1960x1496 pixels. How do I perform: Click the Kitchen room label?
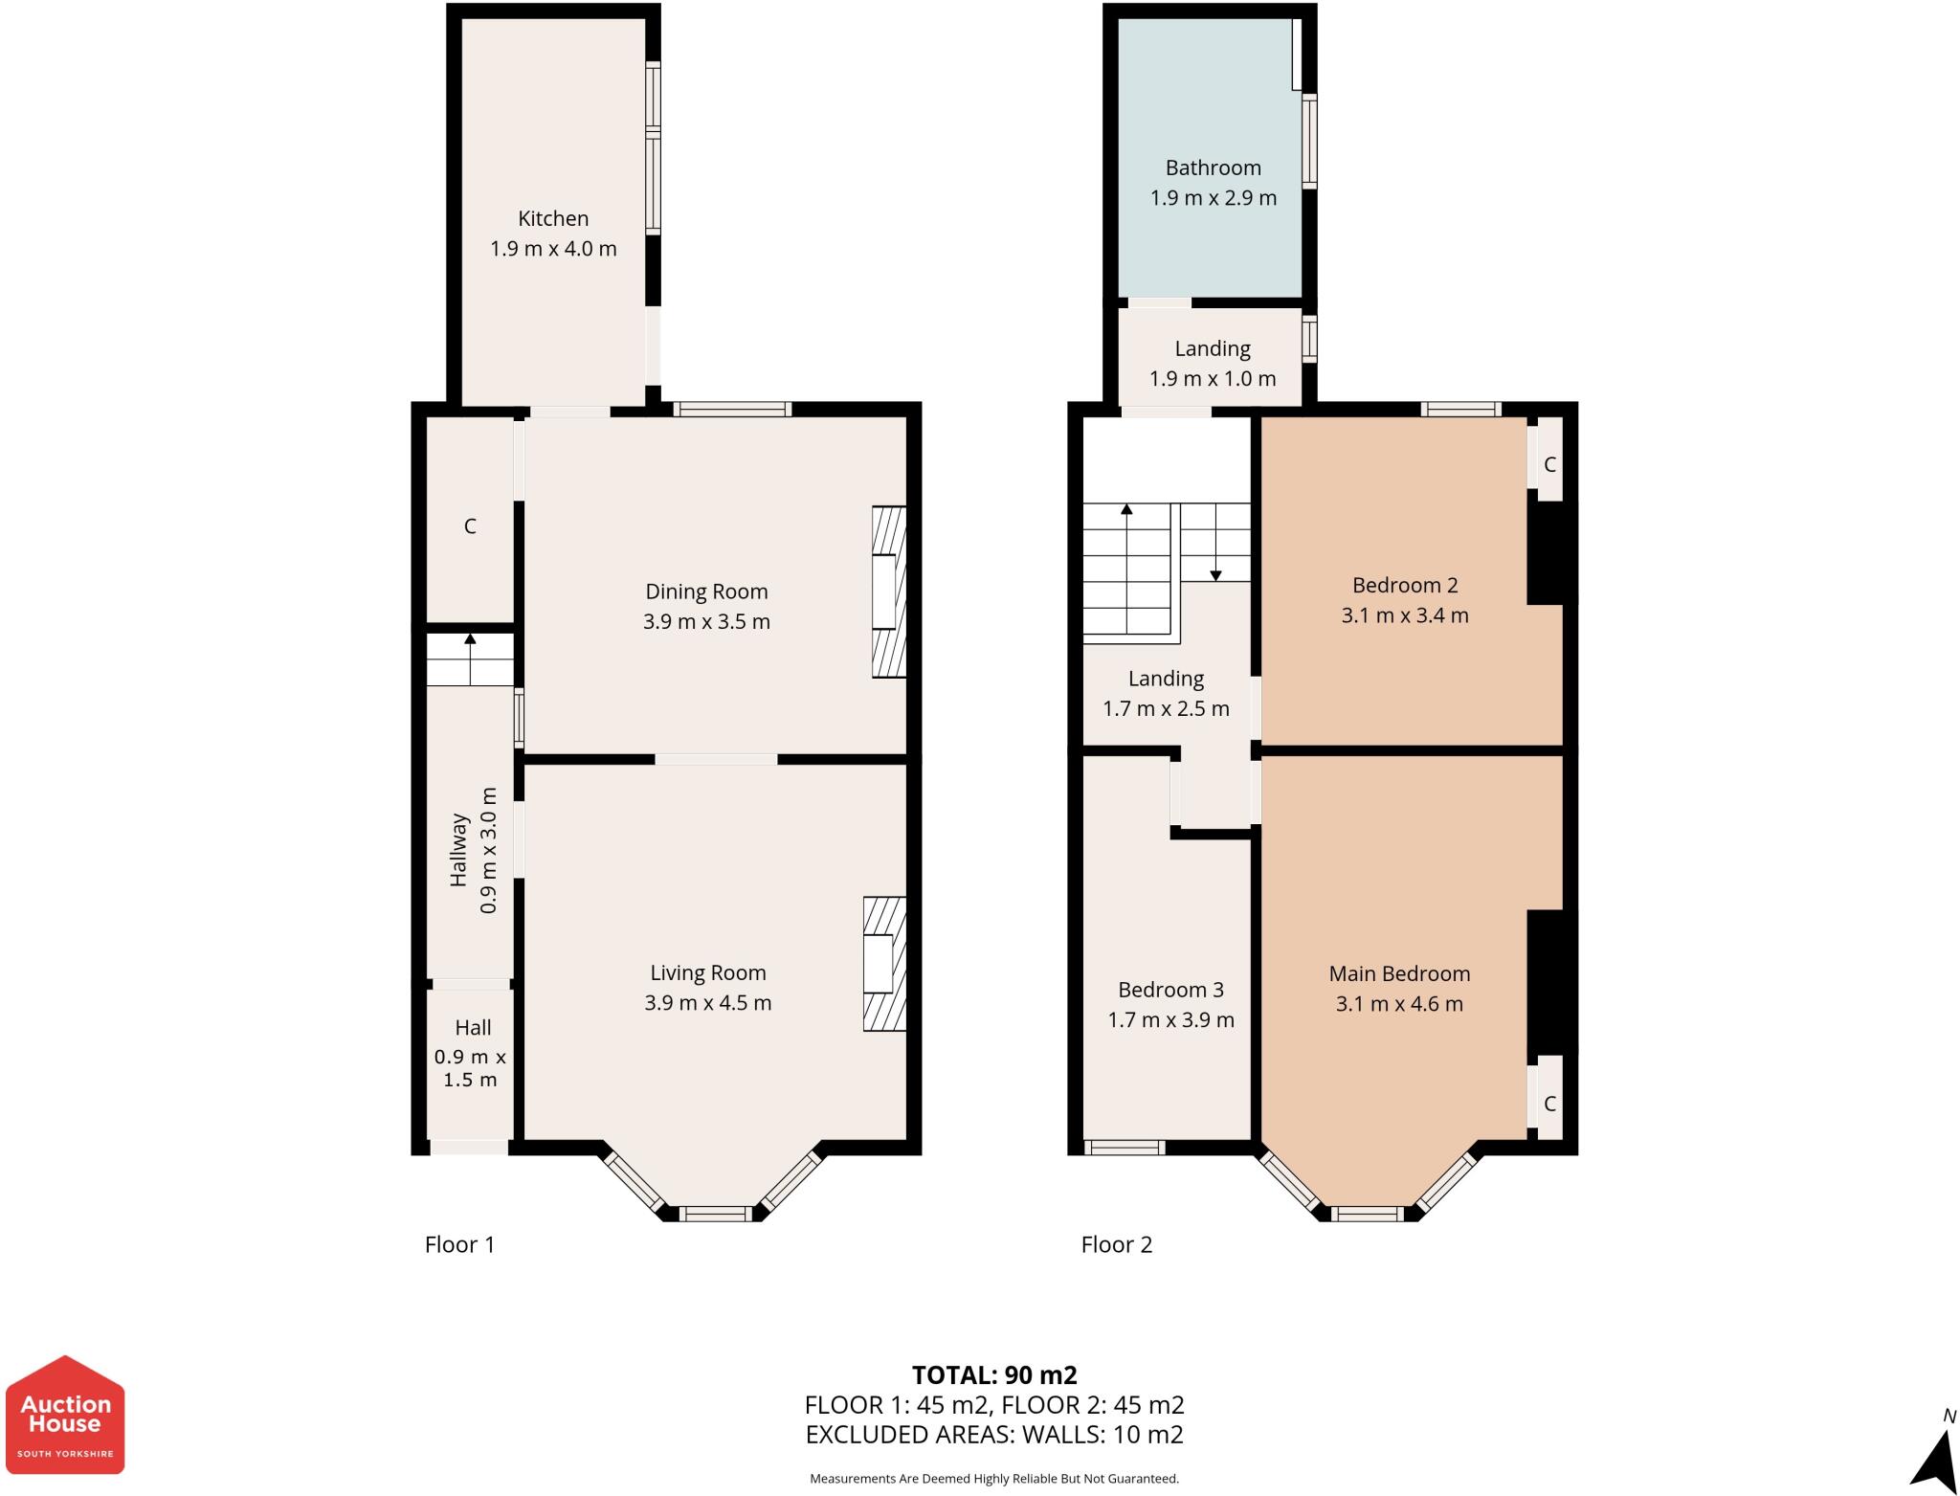point(553,218)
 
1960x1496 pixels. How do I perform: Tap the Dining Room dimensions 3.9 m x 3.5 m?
point(706,622)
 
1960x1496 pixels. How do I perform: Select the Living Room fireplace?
point(883,964)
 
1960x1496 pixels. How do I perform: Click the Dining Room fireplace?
point(887,592)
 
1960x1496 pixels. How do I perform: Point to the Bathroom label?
point(1213,168)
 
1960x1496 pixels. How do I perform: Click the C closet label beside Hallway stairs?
point(470,526)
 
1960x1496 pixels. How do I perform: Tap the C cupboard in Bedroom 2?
point(1549,465)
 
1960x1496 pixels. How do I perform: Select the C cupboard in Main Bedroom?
point(1549,1104)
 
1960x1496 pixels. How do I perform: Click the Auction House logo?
point(65,1416)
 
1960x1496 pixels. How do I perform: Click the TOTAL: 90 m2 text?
point(994,1375)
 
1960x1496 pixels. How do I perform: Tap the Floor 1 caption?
point(459,1244)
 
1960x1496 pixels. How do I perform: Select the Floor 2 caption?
point(1116,1244)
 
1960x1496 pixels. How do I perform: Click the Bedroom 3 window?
point(1125,1147)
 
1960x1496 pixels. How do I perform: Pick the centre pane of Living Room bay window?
point(716,1214)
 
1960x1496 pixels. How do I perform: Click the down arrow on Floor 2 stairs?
point(1215,573)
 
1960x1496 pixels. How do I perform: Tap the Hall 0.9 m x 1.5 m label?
point(471,1053)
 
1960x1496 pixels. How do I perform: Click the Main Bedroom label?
point(1399,974)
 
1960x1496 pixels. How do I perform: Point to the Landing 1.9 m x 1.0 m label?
point(1213,364)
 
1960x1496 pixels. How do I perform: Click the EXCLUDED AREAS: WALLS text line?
point(994,1435)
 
